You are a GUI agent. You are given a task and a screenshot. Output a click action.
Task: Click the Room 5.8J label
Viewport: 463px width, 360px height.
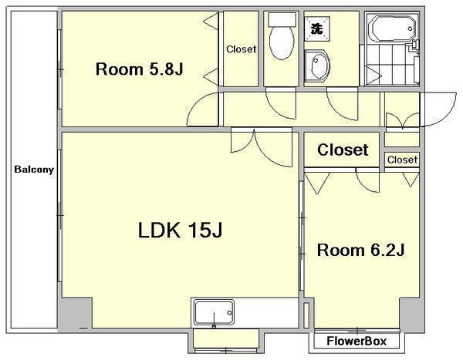coord(140,69)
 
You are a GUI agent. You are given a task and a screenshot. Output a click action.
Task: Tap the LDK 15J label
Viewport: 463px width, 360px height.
coord(180,230)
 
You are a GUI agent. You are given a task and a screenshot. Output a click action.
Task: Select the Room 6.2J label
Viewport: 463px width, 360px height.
coord(360,251)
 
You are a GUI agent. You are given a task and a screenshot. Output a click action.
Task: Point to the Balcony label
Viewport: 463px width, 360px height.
coord(34,170)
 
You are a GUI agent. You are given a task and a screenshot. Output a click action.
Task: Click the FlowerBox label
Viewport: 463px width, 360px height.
coord(357,341)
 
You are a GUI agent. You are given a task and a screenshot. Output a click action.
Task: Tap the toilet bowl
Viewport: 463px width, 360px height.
coord(282,43)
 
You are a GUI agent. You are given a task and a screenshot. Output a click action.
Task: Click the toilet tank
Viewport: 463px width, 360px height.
coord(282,20)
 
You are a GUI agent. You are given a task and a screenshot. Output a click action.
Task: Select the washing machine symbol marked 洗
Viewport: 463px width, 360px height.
coord(317,29)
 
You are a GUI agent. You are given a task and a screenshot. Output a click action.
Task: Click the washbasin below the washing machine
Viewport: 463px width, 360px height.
coord(316,66)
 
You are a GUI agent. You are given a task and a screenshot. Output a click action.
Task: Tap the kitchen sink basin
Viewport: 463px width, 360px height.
coord(214,313)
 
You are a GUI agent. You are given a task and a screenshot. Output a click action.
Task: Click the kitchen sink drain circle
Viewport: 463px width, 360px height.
coord(229,313)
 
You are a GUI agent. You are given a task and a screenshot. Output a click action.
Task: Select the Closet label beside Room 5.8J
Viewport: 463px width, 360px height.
coord(241,49)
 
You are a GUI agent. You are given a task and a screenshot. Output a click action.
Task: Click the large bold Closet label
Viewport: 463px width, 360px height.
coord(343,150)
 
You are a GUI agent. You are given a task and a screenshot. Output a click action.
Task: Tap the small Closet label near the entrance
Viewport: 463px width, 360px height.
coord(402,160)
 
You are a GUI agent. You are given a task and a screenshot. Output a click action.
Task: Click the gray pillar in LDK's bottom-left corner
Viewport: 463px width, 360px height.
coord(75,314)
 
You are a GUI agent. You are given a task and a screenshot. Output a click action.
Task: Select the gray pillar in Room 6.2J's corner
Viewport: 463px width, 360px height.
coord(411,314)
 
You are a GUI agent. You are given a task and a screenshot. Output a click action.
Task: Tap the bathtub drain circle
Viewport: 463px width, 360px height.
coord(411,29)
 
